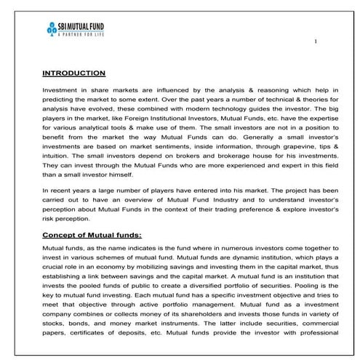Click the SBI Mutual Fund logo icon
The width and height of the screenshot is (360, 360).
coord(50,28)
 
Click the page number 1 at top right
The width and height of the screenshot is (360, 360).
coord(315,41)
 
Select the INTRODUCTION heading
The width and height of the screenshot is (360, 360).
coord(74,73)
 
